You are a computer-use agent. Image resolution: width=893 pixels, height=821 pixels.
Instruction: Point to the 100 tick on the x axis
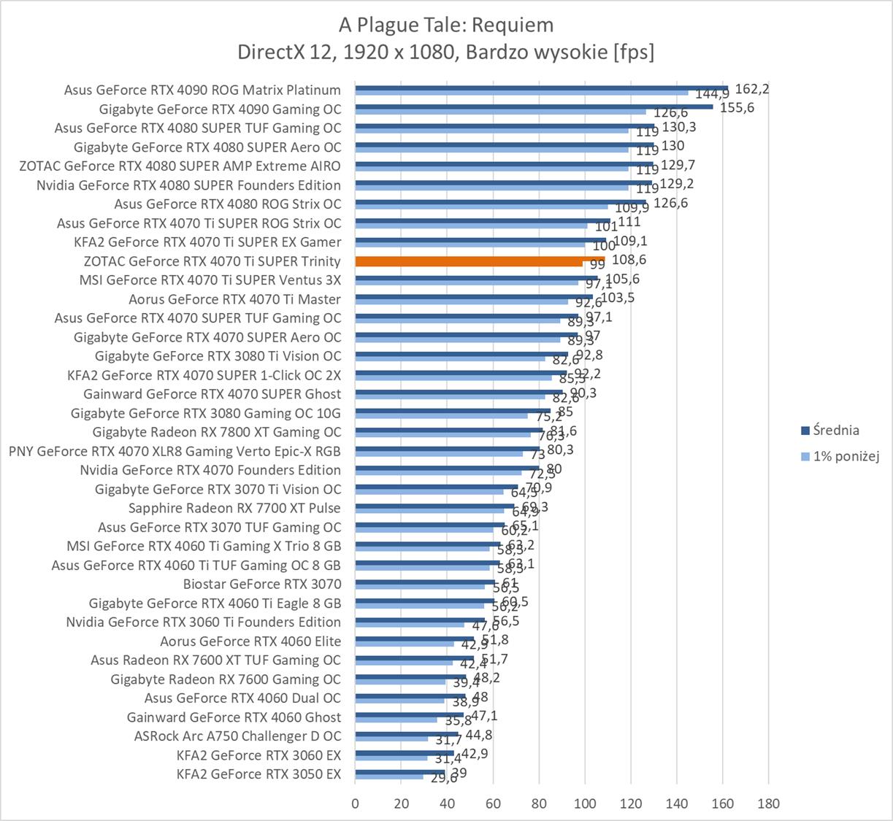[x=585, y=803]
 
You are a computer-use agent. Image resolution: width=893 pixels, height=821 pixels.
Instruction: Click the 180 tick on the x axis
[x=768, y=803]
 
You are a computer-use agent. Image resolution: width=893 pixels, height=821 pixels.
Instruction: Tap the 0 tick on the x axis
[x=356, y=803]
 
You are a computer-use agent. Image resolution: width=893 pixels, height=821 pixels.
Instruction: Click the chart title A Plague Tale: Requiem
[x=446, y=26]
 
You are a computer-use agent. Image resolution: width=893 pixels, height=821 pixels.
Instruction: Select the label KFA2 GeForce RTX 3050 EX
[x=258, y=774]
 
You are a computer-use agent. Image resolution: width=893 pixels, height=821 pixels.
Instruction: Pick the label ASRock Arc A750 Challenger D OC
[x=237, y=736]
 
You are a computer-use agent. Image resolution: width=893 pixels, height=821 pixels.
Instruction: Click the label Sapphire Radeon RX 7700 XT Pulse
[x=234, y=508]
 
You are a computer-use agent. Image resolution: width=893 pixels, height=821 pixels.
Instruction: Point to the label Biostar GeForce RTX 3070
[x=262, y=584]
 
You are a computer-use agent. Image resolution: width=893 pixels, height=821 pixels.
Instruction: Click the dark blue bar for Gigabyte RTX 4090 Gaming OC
[x=534, y=106]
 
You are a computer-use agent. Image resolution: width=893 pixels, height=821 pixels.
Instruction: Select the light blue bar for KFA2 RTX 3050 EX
[x=389, y=776]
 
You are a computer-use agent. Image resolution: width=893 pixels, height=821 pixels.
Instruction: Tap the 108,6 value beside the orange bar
[x=629, y=260]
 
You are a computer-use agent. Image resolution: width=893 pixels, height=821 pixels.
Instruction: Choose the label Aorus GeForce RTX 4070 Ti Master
[x=234, y=299]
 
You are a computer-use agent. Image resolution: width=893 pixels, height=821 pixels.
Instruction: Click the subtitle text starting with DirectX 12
[x=446, y=53]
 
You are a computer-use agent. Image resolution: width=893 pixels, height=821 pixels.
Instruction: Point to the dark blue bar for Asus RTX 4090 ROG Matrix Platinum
[x=541, y=88]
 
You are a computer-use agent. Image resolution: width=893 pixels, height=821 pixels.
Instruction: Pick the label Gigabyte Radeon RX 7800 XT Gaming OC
[x=217, y=432]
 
